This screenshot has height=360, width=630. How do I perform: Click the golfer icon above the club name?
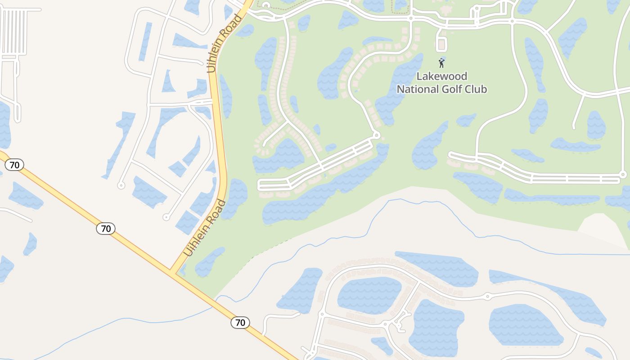click(441, 63)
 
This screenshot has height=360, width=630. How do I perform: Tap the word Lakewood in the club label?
click(441, 76)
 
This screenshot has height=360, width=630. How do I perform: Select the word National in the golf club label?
click(418, 89)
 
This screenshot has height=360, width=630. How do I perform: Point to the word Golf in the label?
click(453, 89)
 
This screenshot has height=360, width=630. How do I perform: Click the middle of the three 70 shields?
click(106, 229)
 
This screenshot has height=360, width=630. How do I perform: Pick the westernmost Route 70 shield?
click(14, 165)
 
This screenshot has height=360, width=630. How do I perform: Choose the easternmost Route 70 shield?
click(240, 322)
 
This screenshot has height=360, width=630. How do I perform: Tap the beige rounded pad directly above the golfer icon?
click(441, 45)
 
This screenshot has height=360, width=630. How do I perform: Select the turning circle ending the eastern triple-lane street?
click(623, 175)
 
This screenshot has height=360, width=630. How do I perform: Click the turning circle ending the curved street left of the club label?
click(377, 135)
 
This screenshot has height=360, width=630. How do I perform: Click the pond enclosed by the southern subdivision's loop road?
click(369, 295)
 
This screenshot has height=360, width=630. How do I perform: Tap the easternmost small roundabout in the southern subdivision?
click(487, 297)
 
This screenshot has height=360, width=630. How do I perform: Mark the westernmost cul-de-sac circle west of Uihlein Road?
click(121, 185)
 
